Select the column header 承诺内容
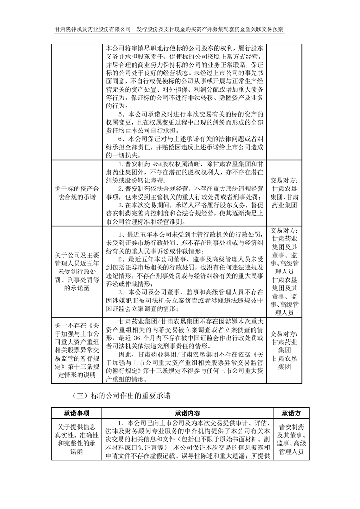(188, 413)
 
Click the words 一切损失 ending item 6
(119, 154)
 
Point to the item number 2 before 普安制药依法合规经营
(120, 187)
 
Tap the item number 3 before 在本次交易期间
(120, 205)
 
